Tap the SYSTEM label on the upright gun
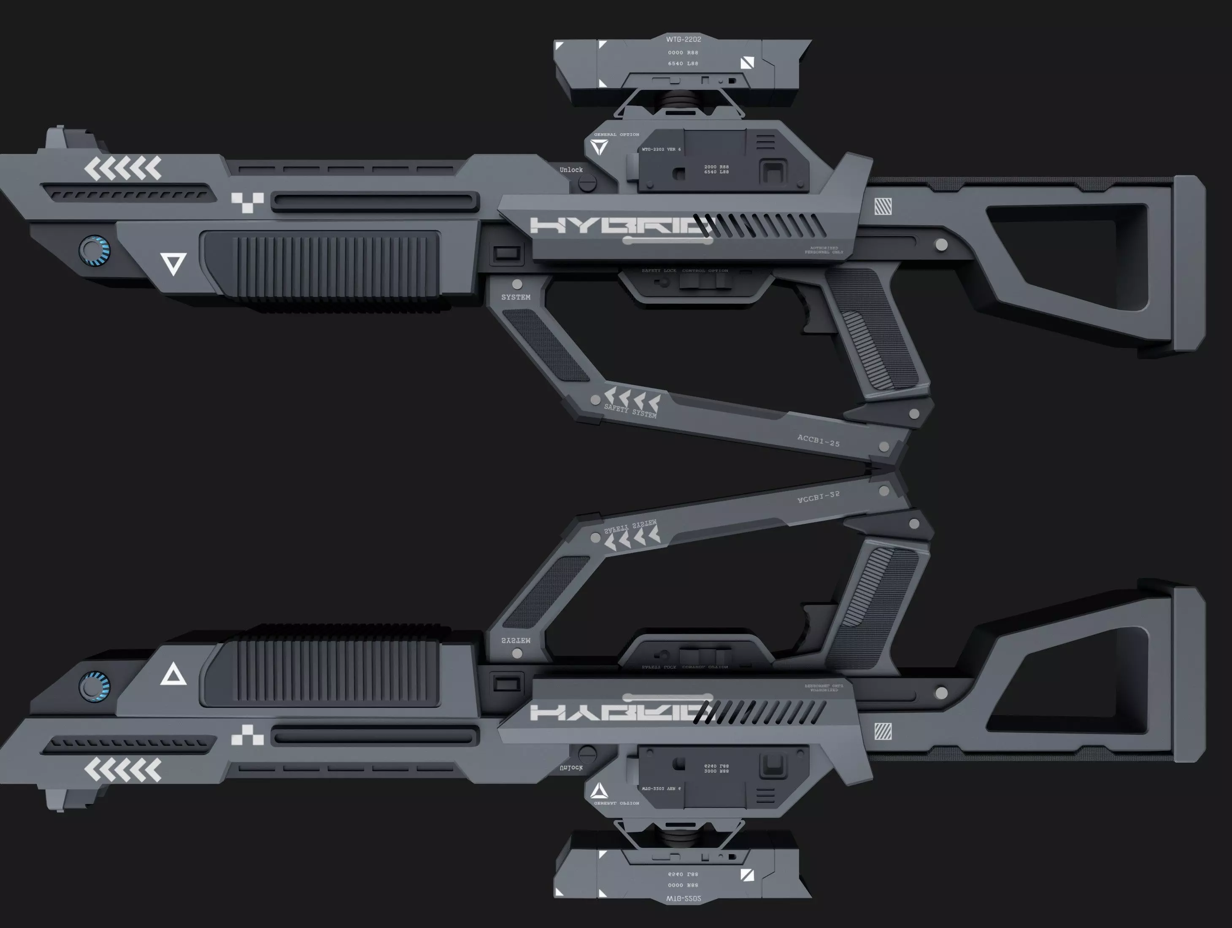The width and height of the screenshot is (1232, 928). point(516,297)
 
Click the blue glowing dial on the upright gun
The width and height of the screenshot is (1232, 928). point(95,251)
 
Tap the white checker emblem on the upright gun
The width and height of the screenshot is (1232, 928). point(247,202)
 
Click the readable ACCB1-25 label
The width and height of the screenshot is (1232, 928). point(818,440)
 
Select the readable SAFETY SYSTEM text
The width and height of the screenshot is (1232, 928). point(630,411)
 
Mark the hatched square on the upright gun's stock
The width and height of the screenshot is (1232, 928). point(883,207)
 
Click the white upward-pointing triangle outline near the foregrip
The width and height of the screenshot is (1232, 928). point(173,675)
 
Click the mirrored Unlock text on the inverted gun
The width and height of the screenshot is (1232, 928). point(571,768)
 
